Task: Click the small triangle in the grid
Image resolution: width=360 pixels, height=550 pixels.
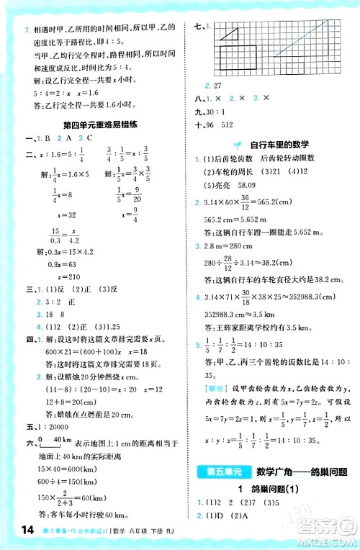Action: pos(230,32)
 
